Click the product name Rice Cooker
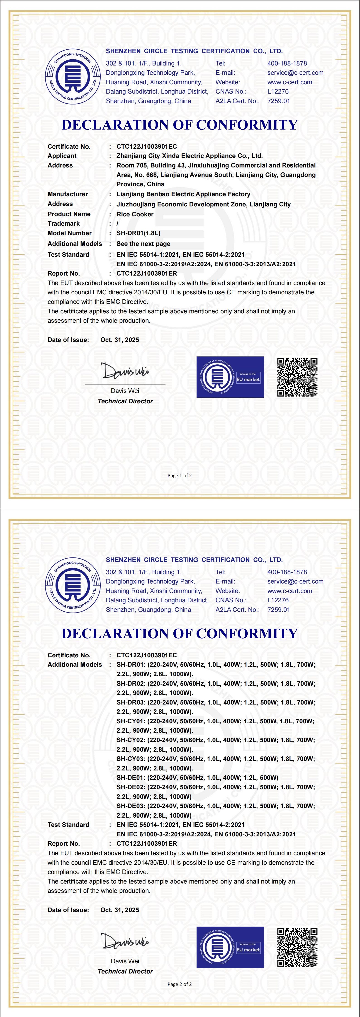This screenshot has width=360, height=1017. [135, 214]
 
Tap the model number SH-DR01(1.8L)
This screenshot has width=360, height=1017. [138, 233]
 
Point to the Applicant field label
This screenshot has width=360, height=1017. [62, 155]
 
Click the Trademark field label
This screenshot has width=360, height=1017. [64, 223]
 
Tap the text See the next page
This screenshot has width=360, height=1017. [143, 244]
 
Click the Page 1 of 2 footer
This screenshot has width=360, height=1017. [179, 475]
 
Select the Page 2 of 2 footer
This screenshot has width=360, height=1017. [179, 984]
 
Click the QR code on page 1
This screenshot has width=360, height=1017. [297, 377]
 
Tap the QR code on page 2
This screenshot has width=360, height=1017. [297, 947]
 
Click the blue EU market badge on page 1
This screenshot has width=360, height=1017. [230, 377]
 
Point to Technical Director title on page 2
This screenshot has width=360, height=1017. [125, 971]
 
